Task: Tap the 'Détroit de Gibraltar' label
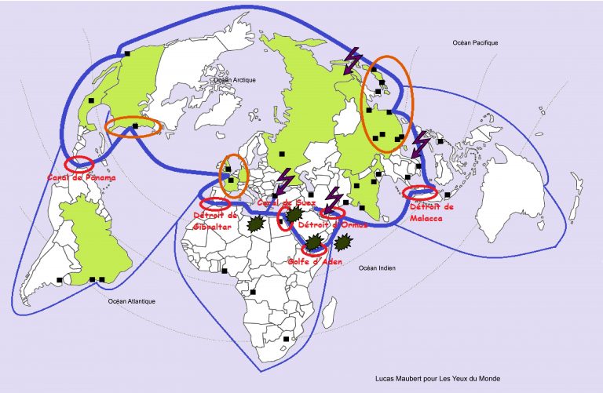coord(214,220)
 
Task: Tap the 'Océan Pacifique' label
coord(475,43)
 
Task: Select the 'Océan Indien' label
coord(377,268)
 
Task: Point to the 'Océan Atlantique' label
coord(133,301)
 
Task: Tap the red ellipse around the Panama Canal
coord(79,164)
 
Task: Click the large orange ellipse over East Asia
coord(387,104)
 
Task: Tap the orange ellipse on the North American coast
coord(133,127)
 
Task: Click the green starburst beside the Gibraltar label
coord(254,224)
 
